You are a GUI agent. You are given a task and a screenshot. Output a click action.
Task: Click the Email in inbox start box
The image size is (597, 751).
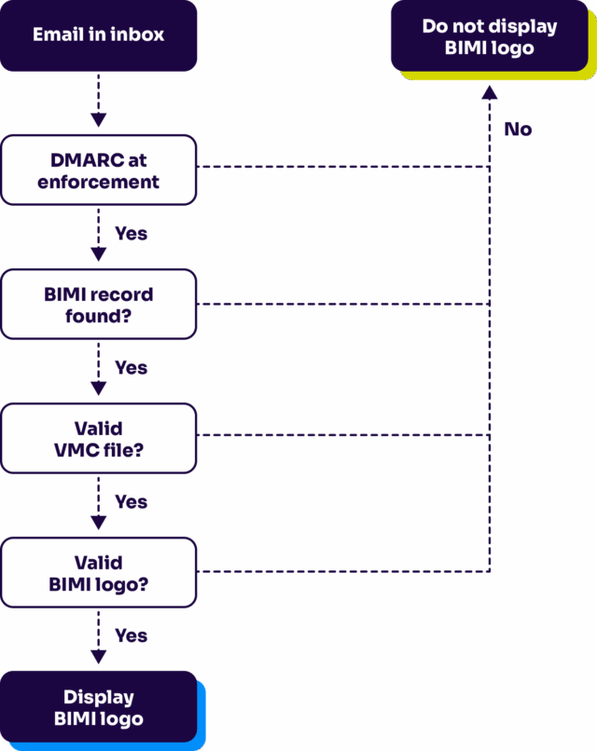point(98,35)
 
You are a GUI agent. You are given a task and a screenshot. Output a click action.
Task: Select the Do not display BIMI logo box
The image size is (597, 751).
point(490,37)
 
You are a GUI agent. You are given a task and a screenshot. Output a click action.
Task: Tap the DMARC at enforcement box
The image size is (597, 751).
point(98,170)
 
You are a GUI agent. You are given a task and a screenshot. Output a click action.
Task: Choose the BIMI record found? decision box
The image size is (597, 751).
point(98,304)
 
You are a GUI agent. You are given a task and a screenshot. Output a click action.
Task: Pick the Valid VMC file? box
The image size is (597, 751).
point(98,438)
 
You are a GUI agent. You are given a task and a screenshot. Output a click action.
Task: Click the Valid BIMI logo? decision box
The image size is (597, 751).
point(98,572)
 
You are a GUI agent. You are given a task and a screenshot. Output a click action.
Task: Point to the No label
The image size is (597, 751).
point(518,130)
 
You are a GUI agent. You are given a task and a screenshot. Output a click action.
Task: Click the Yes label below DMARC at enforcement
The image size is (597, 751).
point(131,234)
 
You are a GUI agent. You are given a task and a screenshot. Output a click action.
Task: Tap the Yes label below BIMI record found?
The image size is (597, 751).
point(131,368)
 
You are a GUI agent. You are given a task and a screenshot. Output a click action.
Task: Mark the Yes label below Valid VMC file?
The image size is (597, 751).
point(131,502)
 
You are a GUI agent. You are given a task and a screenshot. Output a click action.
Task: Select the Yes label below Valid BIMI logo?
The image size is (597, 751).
point(131,635)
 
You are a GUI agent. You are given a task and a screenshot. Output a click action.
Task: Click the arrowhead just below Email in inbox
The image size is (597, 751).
point(98,119)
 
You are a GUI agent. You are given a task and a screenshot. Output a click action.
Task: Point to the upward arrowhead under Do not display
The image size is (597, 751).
point(490,92)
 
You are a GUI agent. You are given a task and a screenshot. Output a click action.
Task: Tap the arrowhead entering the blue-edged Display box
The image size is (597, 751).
point(98,658)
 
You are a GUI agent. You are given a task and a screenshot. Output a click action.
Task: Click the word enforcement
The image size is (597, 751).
point(98,182)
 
